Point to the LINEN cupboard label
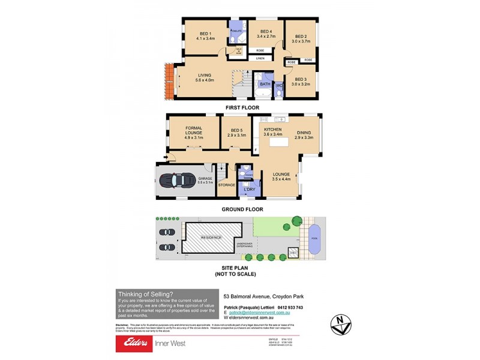(x=260, y=58)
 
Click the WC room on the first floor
(x=278, y=86)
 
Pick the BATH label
(x=265, y=85)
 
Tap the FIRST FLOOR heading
(x=242, y=107)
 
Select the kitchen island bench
(x=277, y=143)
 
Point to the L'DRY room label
(x=250, y=190)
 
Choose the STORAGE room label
(x=227, y=185)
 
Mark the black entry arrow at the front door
(x=170, y=159)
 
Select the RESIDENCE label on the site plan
(x=206, y=238)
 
